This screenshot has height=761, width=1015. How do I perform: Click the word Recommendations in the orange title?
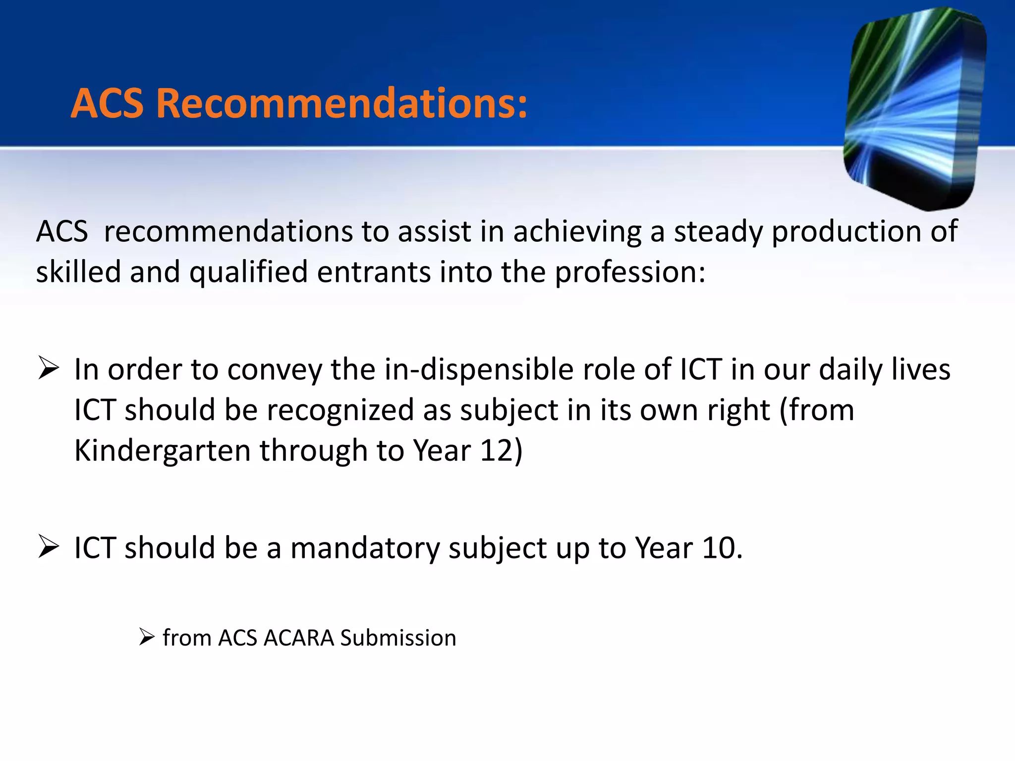pos(342,104)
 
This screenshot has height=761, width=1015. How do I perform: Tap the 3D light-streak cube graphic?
pos(914,107)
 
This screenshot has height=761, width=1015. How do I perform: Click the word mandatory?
pos(365,548)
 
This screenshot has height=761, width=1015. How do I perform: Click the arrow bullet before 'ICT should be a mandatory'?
pos(49,547)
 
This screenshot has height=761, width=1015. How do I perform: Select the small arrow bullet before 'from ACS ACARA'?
pos(147,637)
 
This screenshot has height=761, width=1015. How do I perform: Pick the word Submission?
pos(398,638)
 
